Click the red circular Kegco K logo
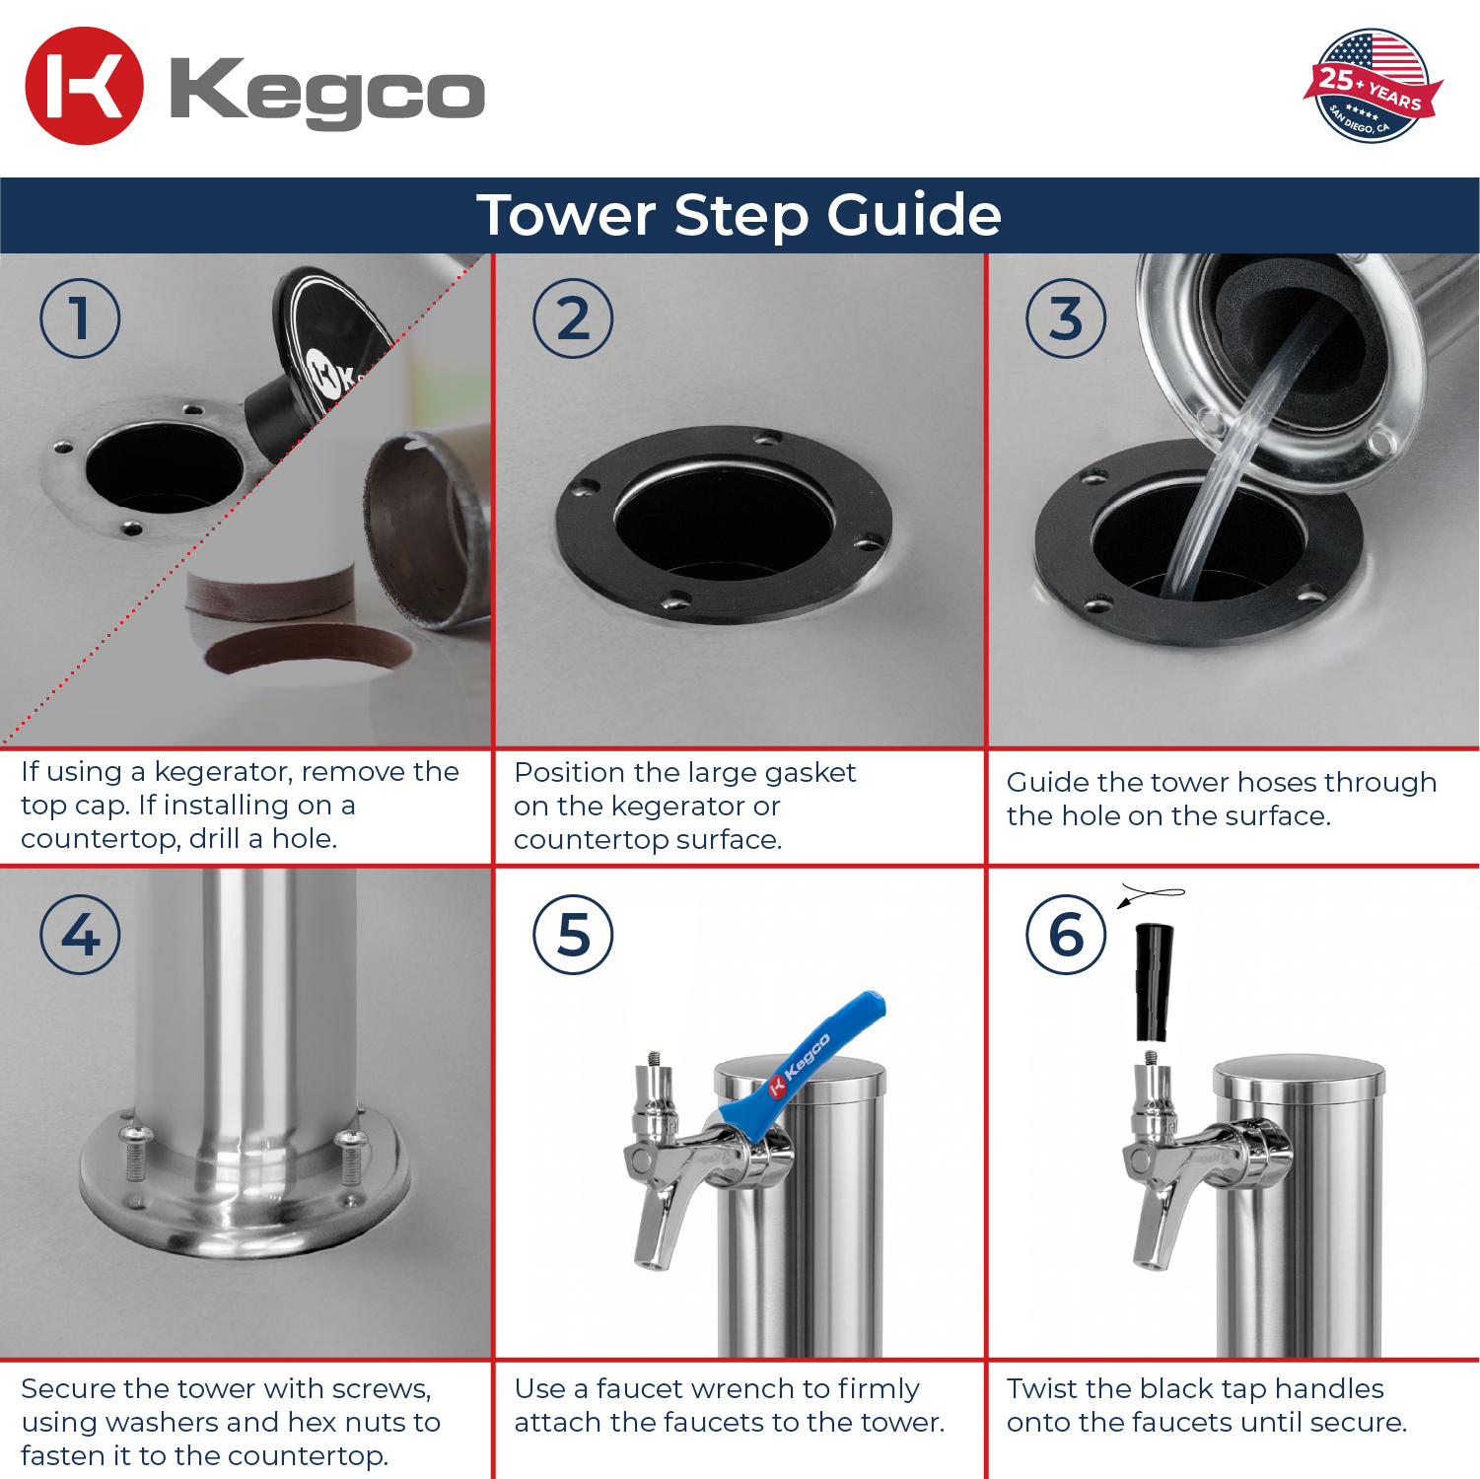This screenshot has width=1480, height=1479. [x=84, y=86]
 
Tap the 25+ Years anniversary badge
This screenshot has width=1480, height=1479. [x=1373, y=86]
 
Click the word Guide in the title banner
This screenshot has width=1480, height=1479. [x=914, y=215]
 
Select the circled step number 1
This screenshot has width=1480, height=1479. [x=80, y=318]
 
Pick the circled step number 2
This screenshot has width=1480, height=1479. [x=573, y=318]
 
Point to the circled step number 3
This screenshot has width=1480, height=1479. [x=1066, y=318]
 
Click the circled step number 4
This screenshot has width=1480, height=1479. [x=80, y=935]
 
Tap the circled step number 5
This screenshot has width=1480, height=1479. [x=573, y=935]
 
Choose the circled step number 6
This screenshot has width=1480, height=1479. [x=1066, y=935]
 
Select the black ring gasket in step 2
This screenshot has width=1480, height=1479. [x=724, y=525]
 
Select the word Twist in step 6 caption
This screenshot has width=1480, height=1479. [x=1042, y=1388]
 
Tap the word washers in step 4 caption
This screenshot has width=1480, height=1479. [x=168, y=1422]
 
